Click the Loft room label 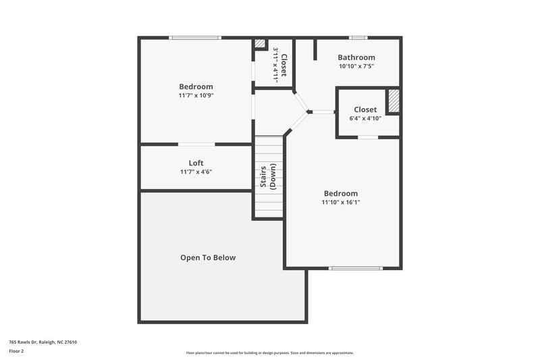(x=196, y=163)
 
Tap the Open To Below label (x=208, y=257)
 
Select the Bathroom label (x=356, y=57)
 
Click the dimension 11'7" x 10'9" (x=196, y=95)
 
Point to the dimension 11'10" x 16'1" (x=341, y=202)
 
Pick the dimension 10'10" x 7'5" (x=356, y=66)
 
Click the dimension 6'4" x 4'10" (x=365, y=118)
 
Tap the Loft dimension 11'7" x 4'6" (x=196, y=172)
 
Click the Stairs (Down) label (x=269, y=177)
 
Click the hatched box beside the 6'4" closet (x=393, y=101)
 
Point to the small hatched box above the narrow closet (x=260, y=44)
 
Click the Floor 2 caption (x=16, y=351)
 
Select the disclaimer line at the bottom (x=270, y=353)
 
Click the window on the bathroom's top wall (x=358, y=38)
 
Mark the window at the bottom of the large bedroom (x=350, y=268)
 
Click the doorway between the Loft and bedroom (x=196, y=144)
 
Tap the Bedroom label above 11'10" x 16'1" (x=341, y=193)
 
